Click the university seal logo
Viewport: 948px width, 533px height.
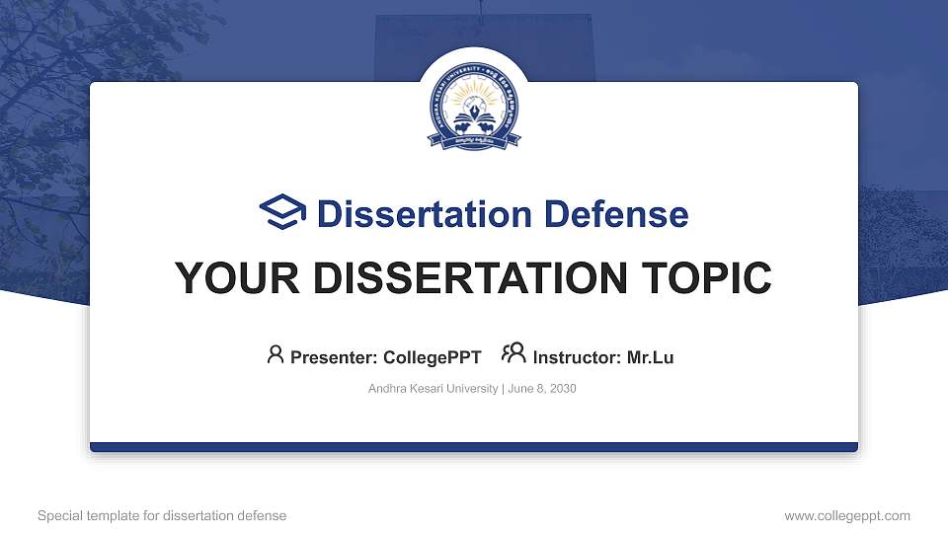point(474,113)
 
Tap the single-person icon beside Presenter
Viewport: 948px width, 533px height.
point(276,354)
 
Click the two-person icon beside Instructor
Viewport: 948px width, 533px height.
point(513,354)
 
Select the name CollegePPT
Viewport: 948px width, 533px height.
point(433,357)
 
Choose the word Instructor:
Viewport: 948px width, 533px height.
point(578,357)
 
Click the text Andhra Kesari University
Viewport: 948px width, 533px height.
point(433,389)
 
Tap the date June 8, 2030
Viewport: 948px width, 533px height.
point(542,389)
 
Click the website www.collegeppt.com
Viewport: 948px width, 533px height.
point(847,516)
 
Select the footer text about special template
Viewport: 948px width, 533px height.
point(162,516)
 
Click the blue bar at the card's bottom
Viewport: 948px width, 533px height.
point(474,447)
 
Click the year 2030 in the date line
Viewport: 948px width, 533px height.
point(563,389)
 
